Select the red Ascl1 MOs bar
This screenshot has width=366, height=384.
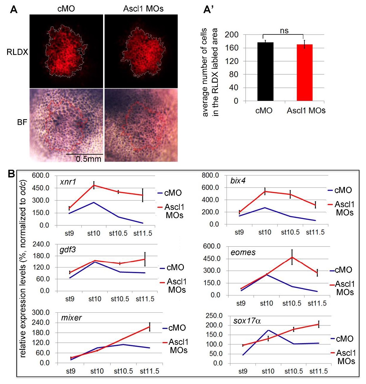coord(305,73)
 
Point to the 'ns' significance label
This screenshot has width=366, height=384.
coord(284,31)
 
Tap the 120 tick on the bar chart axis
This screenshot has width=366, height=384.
coord(231,61)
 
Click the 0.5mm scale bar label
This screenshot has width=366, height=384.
coord(89,159)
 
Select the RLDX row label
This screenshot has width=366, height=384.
coord(17,52)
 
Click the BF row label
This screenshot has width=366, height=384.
coord(22,122)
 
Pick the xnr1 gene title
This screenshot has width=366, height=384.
coord(68,182)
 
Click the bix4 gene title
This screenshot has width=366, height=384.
coord(238,181)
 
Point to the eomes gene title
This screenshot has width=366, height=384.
coord(243,253)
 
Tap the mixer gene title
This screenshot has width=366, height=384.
coord(71,318)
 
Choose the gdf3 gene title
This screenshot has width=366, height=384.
coord(67,250)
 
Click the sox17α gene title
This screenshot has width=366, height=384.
coord(247,321)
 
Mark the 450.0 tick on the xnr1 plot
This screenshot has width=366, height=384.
coord(41,188)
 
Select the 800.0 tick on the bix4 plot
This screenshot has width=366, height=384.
coord(210,175)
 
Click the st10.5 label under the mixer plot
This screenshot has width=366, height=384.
coord(123,371)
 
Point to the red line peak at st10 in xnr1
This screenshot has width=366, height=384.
coord(94,185)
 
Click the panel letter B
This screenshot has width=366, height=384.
coord(11,174)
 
